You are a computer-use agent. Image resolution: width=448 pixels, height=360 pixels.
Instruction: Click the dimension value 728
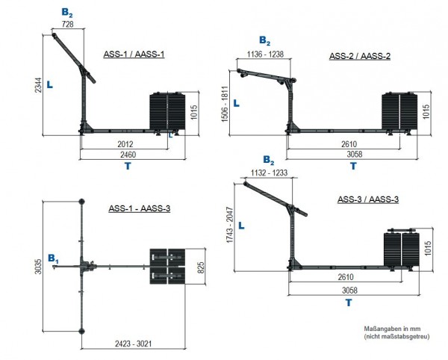[68, 25]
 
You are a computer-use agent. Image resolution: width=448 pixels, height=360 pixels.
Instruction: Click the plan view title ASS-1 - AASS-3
[139, 208]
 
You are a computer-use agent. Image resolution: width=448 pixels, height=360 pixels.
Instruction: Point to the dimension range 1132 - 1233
[269, 172]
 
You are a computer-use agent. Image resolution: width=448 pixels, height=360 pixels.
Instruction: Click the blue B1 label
[53, 258]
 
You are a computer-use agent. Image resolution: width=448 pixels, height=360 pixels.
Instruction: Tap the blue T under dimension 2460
[128, 166]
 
